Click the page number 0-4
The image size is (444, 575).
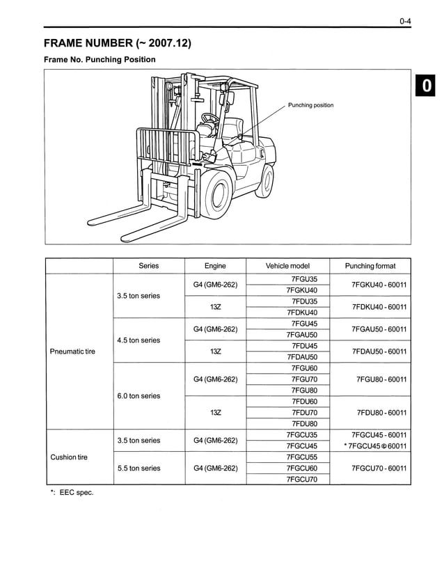pos(405,22)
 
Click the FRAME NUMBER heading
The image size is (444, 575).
pos(117,44)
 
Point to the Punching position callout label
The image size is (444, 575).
pos(310,106)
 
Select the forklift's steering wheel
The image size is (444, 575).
pos(208,119)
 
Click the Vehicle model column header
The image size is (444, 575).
pos(287,266)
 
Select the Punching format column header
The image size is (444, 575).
pos(370,266)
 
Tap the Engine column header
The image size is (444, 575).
pos(215,266)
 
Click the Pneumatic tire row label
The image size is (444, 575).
pos(72,352)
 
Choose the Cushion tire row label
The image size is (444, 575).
pos(69,457)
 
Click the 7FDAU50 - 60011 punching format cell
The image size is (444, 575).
pos(379,352)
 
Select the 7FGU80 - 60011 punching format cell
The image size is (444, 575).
pos(381,379)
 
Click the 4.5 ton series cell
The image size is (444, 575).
pos(138,340)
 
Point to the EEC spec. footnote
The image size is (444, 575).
pos(71,493)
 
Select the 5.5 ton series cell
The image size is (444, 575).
pos(138,468)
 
